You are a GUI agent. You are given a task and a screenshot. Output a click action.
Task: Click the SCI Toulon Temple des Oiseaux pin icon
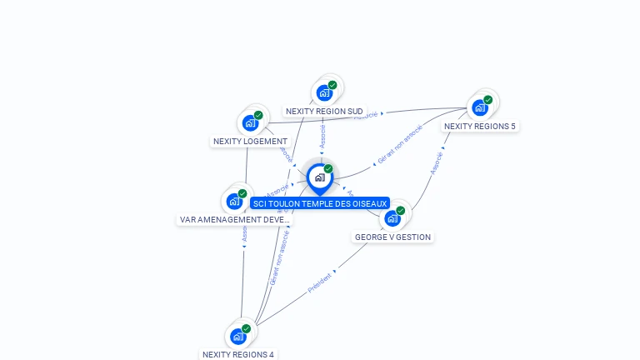(x=319, y=177)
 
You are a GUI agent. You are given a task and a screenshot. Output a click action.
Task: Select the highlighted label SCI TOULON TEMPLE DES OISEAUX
(x=320, y=203)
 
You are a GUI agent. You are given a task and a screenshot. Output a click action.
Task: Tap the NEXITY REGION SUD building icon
(x=324, y=92)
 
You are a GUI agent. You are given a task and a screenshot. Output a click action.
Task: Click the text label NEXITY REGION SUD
(x=324, y=111)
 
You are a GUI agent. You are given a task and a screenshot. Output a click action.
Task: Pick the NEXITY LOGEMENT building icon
(x=250, y=123)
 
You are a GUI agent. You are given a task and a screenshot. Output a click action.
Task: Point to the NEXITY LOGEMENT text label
(x=250, y=142)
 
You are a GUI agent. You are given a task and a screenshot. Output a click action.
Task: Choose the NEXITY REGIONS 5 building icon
(x=479, y=107)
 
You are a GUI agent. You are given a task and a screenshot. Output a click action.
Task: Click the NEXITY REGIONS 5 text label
(x=479, y=127)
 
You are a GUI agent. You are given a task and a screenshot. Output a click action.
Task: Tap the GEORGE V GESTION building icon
(x=392, y=218)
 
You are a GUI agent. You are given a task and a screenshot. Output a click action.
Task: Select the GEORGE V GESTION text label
(x=392, y=237)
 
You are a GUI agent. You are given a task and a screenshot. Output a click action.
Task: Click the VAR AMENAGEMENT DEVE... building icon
(x=234, y=202)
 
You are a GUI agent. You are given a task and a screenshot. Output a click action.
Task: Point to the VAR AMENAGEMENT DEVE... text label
(x=234, y=220)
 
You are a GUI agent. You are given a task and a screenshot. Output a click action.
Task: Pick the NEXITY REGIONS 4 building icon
(x=237, y=337)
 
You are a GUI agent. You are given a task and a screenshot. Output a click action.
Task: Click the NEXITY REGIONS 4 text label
(x=237, y=354)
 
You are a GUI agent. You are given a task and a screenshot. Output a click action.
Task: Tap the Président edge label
(x=320, y=282)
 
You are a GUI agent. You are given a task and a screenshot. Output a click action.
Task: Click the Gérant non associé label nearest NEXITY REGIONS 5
(x=400, y=143)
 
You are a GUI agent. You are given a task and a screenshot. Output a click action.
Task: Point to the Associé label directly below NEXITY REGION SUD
(x=322, y=136)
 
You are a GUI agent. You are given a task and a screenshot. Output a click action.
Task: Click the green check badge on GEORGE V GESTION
(x=401, y=211)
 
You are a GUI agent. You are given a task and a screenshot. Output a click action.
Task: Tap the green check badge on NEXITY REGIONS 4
(x=246, y=328)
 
